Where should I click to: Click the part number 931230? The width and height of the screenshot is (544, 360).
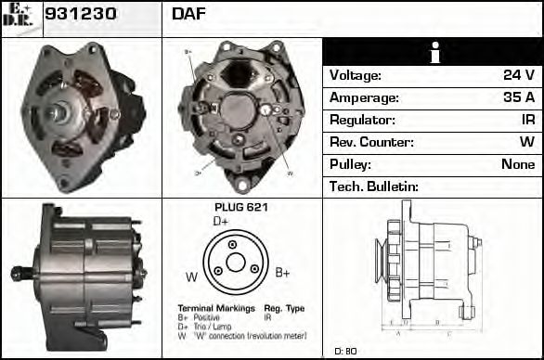pyautogui.click(x=81, y=15)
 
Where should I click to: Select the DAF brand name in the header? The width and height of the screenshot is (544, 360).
pyautogui.click(x=188, y=15)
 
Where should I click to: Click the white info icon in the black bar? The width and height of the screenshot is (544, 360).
pyautogui.click(x=433, y=52)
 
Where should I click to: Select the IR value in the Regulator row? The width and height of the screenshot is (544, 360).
pyautogui.click(x=526, y=120)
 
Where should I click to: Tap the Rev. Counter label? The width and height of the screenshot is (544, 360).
pyautogui.click(x=371, y=142)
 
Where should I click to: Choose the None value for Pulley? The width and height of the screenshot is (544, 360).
pyautogui.click(x=517, y=164)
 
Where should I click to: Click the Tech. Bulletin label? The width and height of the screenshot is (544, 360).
pyautogui.click(x=374, y=186)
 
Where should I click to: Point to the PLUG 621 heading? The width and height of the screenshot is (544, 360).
pyautogui.click(x=240, y=208)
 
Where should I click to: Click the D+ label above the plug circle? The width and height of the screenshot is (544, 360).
pyautogui.click(x=221, y=222)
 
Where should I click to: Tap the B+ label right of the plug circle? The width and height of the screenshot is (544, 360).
pyautogui.click(x=283, y=273)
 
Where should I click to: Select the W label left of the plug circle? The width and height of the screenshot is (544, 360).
pyautogui.click(x=190, y=276)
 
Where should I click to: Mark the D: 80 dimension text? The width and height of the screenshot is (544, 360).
pyautogui.click(x=345, y=351)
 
